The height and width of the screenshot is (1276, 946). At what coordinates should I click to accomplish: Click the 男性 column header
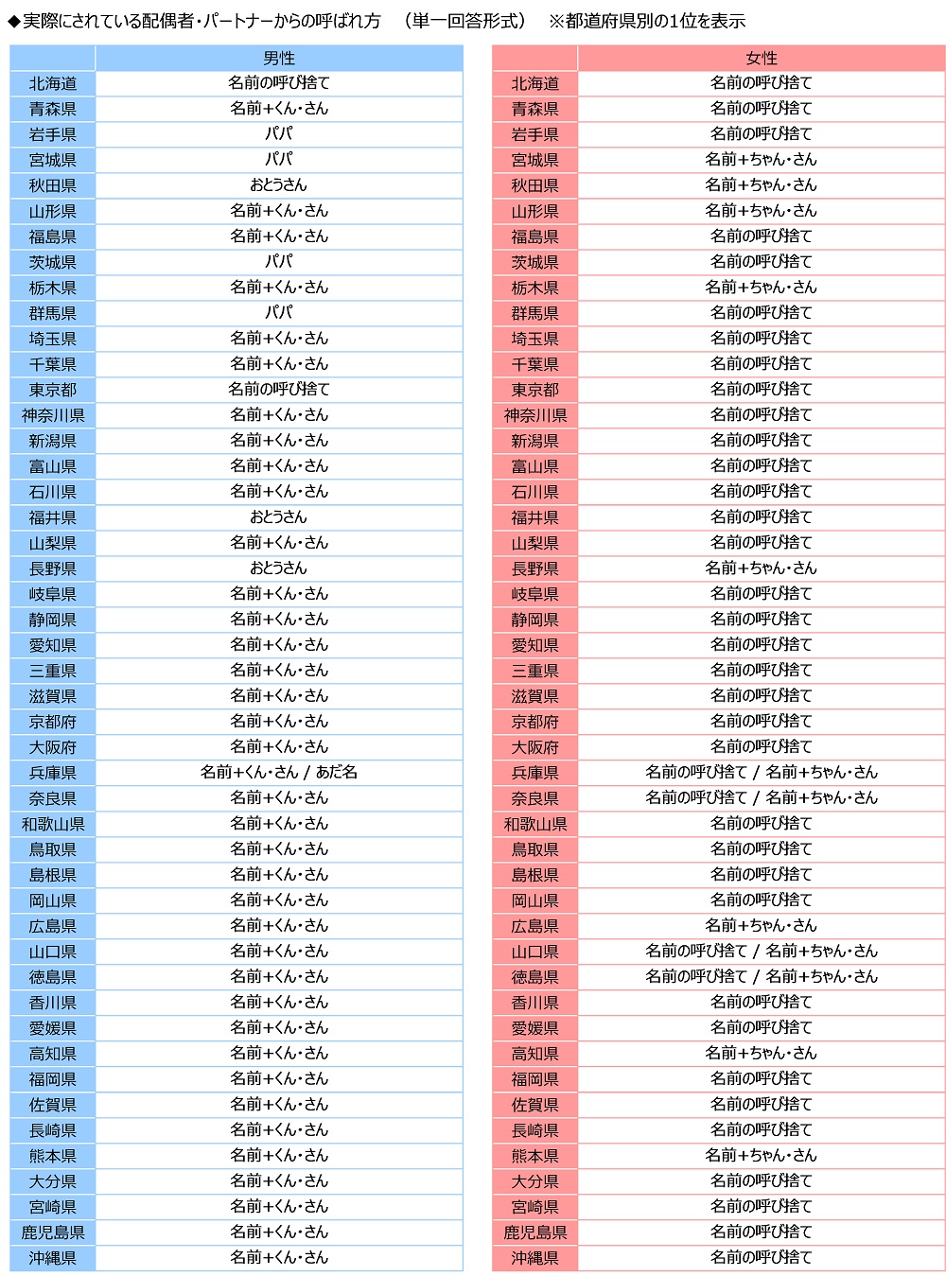279,58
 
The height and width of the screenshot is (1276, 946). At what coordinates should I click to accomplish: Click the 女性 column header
761,58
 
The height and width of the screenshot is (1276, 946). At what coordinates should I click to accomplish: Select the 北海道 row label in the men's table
53,83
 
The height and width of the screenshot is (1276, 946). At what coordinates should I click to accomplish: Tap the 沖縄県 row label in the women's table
534,1258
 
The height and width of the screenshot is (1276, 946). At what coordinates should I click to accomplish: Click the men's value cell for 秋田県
279,185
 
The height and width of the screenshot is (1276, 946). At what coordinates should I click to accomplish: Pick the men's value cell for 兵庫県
279,773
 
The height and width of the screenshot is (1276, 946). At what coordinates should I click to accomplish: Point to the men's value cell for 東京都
279,390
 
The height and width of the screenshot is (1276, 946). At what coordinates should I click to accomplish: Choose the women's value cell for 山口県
761,952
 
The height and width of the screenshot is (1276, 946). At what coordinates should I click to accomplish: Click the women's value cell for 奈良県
761,798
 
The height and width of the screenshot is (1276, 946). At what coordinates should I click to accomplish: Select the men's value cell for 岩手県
279,134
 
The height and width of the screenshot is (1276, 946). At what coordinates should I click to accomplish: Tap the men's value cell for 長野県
279,568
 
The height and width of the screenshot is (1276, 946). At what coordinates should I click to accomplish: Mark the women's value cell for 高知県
761,1054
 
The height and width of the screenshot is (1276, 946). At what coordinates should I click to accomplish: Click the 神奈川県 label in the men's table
53,415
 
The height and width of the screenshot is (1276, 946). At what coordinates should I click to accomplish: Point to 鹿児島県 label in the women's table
534,1232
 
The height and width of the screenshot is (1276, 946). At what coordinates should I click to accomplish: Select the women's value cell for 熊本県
761,1156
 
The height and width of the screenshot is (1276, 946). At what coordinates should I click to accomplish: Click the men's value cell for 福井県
279,517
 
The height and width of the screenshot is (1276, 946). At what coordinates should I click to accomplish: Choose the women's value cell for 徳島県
761,977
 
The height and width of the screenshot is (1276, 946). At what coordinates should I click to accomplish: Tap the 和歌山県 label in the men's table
53,824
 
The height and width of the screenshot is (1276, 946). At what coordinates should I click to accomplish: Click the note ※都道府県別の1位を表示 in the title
647,21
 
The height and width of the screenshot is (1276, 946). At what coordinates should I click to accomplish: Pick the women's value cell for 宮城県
761,160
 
